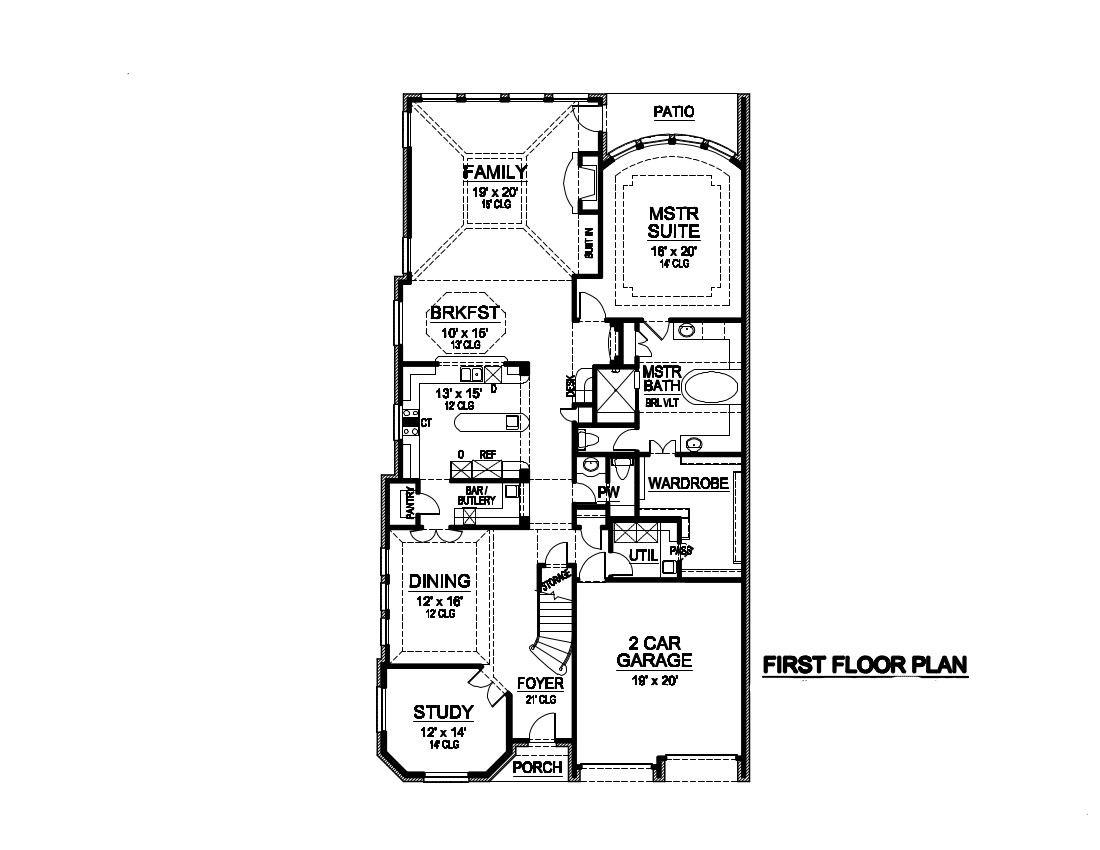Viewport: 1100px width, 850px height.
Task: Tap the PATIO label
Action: (673, 112)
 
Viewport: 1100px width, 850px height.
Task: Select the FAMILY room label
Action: (494, 172)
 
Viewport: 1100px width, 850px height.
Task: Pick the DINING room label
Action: (440, 581)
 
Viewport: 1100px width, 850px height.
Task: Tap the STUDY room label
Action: (443, 713)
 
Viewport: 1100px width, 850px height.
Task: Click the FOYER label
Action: (540, 684)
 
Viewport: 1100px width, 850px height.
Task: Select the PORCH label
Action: (537, 768)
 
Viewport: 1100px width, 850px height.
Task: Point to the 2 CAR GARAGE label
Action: (654, 652)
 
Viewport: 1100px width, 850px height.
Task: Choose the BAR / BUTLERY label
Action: (477, 495)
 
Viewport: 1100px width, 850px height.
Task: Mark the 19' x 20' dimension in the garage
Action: (654, 680)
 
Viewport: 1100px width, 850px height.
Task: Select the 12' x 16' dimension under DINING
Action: (440, 603)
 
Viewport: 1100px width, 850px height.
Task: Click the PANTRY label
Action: (408, 502)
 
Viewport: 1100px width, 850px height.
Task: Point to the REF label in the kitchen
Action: (488, 454)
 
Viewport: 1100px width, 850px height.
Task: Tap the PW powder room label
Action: (608, 493)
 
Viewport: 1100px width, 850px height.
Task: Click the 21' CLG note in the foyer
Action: (540, 700)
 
